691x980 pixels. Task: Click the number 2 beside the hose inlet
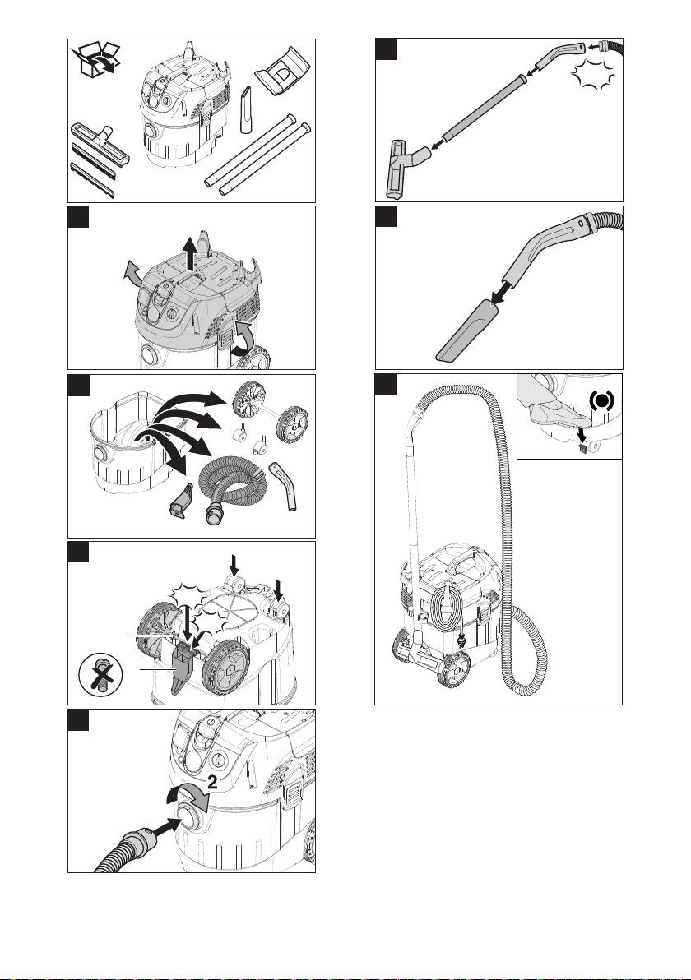pyautogui.click(x=212, y=782)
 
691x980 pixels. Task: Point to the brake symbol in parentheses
pyautogui.click(x=601, y=401)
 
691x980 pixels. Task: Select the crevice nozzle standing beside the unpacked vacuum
pyautogui.click(x=247, y=109)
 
